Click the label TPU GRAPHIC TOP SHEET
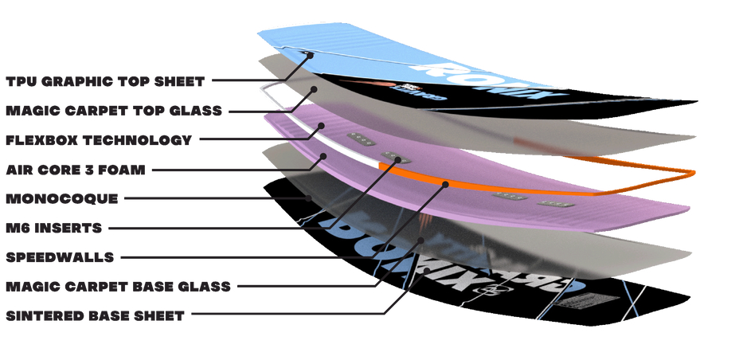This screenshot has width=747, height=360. pos(104,81)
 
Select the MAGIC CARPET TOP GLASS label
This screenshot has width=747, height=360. pos(113,111)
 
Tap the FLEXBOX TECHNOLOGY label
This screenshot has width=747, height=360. pos(99,140)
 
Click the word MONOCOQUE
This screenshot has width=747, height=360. pos(61,198)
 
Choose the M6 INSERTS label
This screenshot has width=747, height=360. pos(53,228)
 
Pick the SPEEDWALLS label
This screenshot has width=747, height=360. pos(60,257)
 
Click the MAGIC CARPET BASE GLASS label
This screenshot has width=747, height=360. pos(118,286)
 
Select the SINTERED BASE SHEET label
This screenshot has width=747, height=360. pos(95,315)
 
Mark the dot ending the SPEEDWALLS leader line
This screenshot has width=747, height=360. pos(448,185)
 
